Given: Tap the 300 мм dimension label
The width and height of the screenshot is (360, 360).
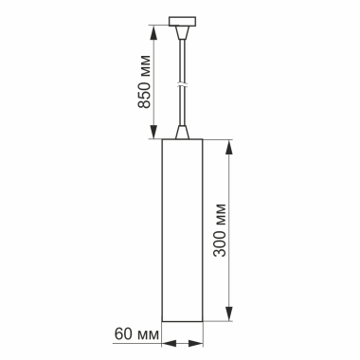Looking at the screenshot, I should pos(220,231).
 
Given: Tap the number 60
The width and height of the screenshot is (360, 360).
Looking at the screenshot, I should pos(120,333).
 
